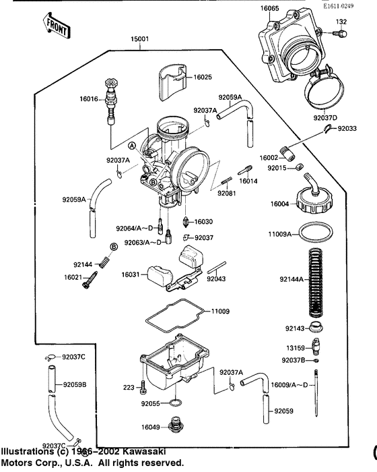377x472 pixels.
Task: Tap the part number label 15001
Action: (141, 40)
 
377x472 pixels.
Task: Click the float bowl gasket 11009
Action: (175, 316)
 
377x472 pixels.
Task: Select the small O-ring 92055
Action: (174, 404)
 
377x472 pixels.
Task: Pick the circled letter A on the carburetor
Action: (133, 146)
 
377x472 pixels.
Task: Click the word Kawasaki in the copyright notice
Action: (144, 451)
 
